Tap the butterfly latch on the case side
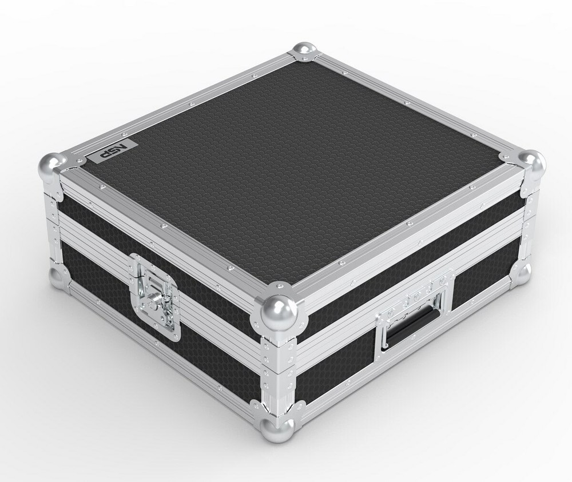pos(156,296)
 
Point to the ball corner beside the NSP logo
pos(51,166)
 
